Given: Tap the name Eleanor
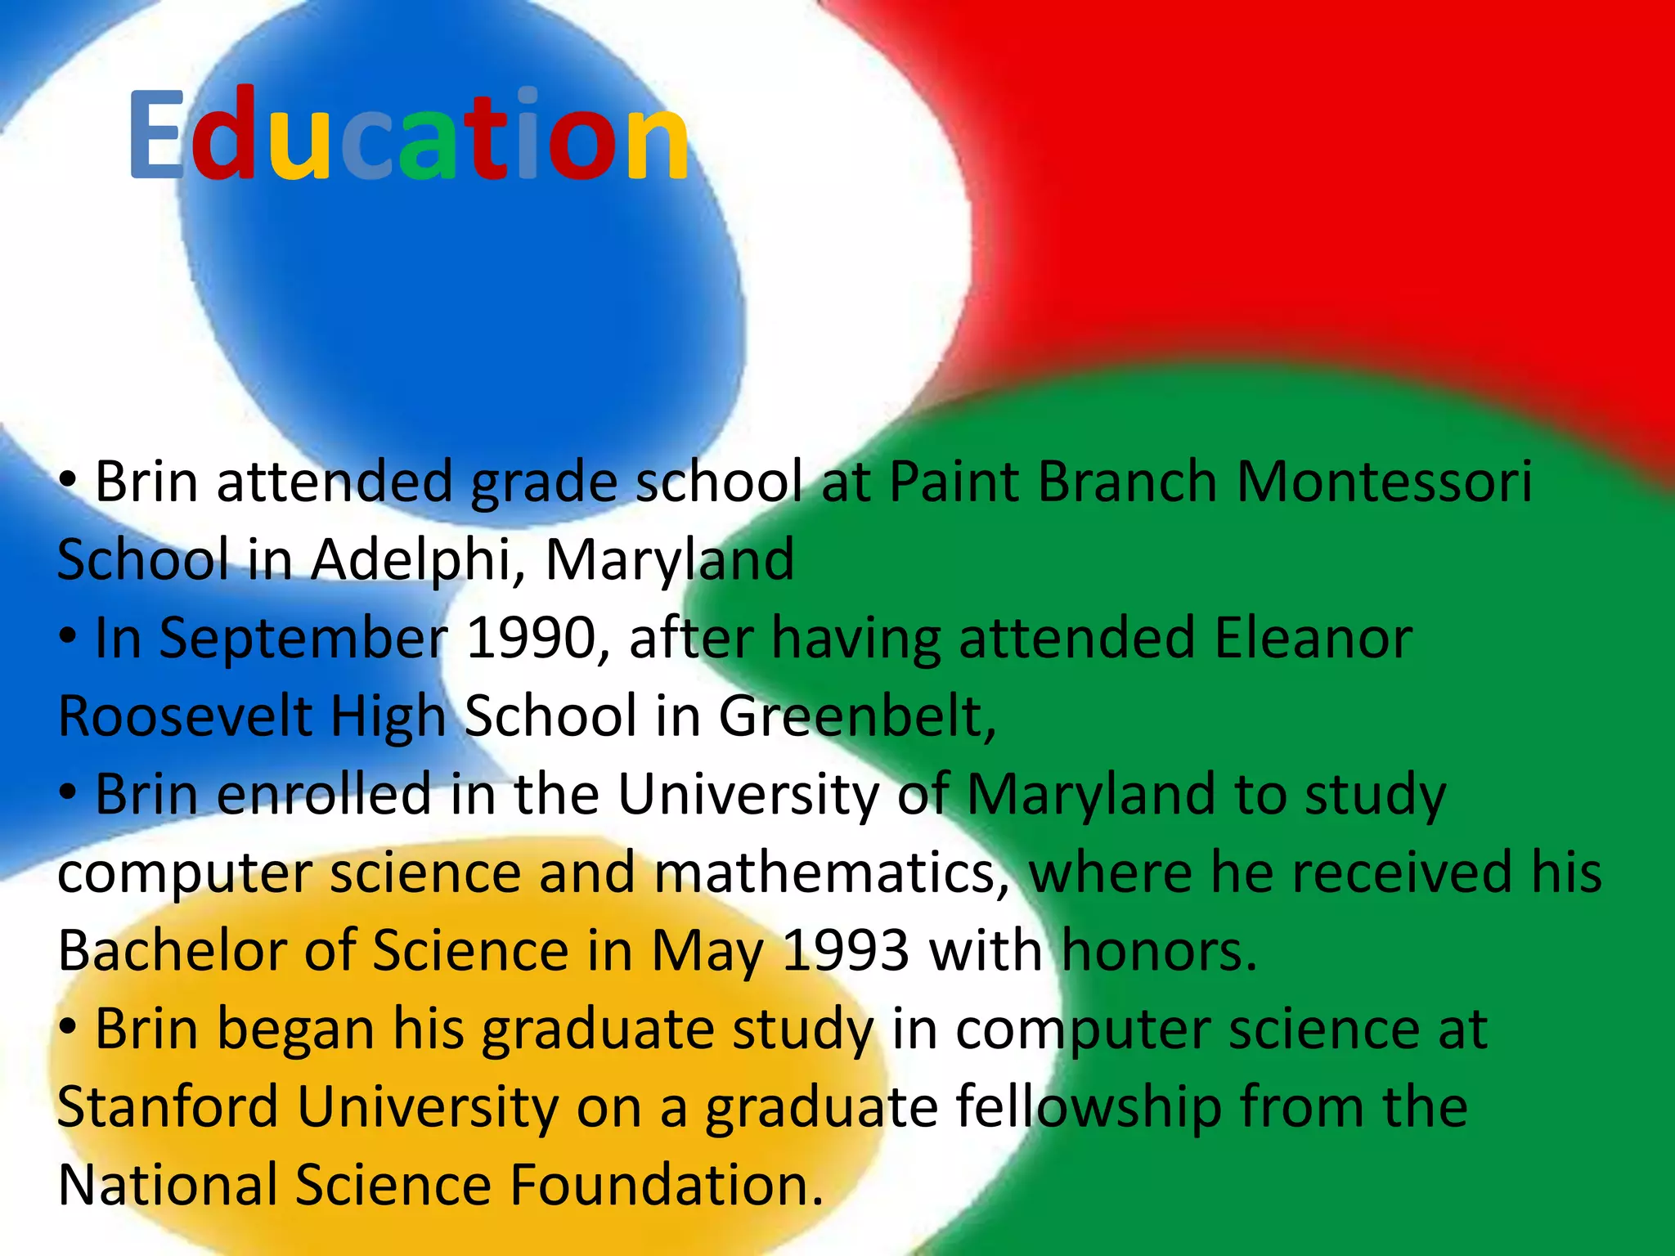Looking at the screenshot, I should pyautogui.click(x=1313, y=639).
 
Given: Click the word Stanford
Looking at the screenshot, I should pyautogui.click(x=168, y=1107).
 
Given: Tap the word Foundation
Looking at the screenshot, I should pyautogui.click(x=667, y=1186).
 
